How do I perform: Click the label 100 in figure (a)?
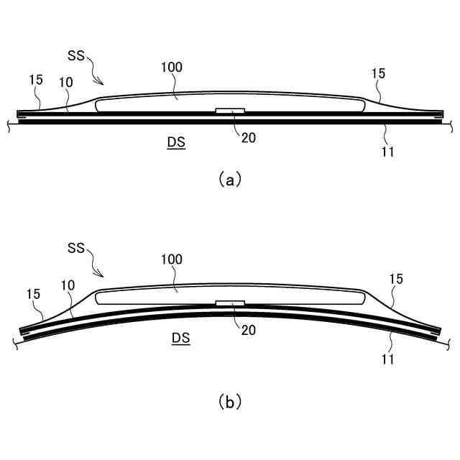(x=173, y=67)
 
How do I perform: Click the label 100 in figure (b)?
(x=173, y=259)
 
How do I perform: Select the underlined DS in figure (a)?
(x=176, y=142)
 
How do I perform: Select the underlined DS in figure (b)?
(x=180, y=336)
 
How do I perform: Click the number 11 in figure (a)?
(x=388, y=151)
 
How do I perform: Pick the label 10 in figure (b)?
(x=68, y=285)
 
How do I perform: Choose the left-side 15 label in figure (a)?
(x=35, y=80)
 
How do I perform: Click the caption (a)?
(x=230, y=180)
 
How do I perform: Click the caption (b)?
(x=230, y=402)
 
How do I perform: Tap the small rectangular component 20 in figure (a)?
(x=231, y=111)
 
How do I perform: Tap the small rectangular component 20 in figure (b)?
(x=231, y=303)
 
